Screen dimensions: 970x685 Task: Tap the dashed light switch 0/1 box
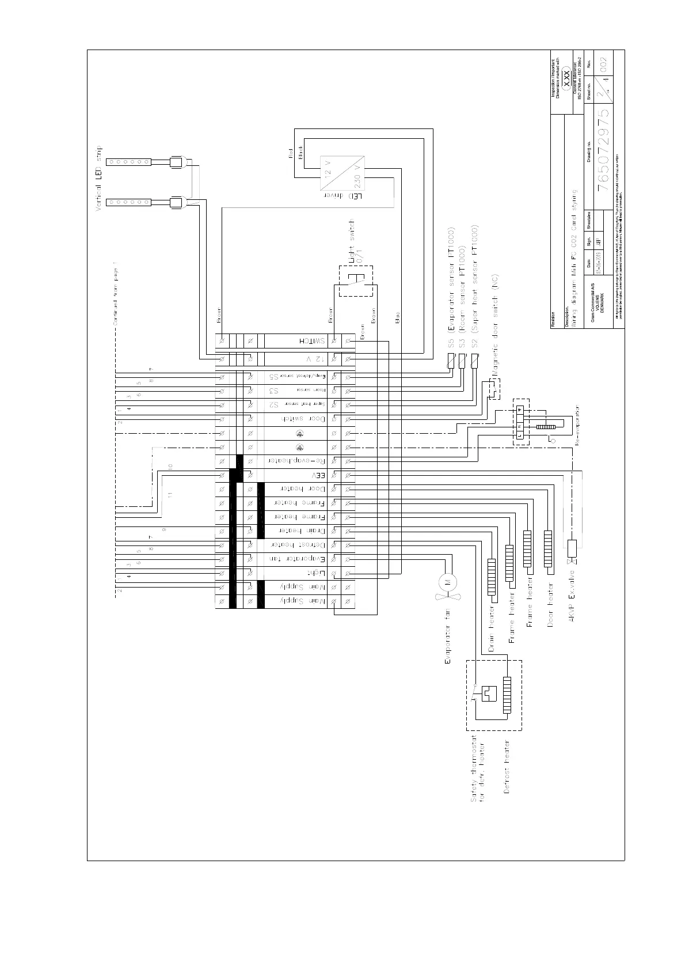[355, 281]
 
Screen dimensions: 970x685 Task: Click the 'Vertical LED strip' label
[98, 178]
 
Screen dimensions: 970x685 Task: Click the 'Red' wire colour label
[291, 153]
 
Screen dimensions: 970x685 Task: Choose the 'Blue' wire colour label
[397, 317]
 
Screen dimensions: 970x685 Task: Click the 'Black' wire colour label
[300, 153]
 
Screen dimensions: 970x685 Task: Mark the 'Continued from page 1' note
[115, 295]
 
